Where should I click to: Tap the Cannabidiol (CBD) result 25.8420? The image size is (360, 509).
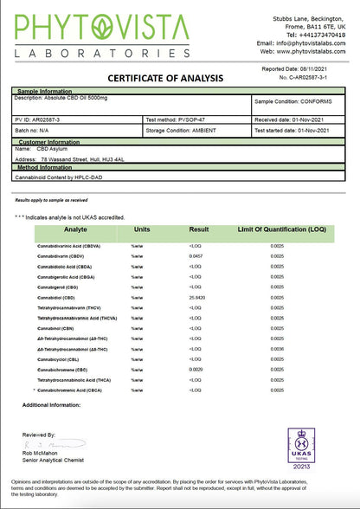click(x=198, y=297)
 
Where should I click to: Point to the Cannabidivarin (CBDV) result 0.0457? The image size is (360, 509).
click(x=196, y=256)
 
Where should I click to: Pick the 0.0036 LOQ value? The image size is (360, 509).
click(x=276, y=349)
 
